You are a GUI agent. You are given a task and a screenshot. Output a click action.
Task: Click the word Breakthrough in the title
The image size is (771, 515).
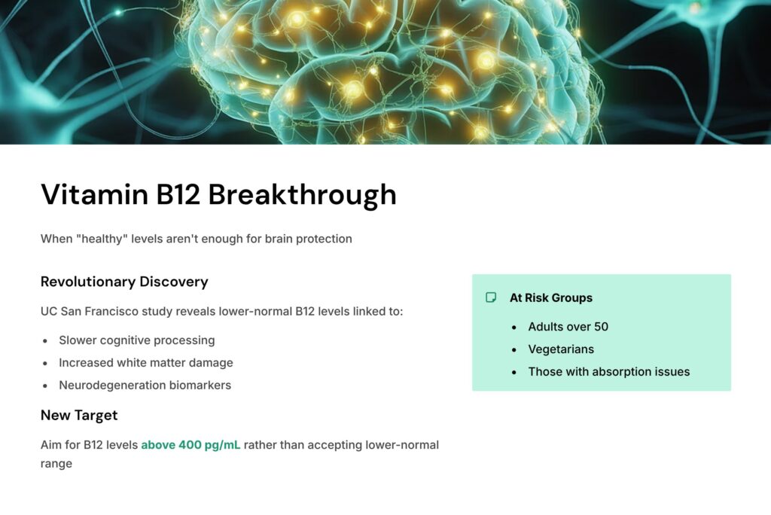pyautogui.click(x=302, y=194)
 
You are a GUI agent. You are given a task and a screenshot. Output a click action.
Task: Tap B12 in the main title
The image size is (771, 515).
pyautogui.click(x=178, y=194)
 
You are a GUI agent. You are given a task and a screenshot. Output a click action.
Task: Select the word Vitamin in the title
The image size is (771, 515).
pyautogui.click(x=94, y=194)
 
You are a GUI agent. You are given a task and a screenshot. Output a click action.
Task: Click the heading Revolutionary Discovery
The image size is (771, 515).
pyautogui.click(x=124, y=282)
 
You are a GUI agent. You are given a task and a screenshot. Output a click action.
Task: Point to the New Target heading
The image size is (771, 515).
pyautogui.click(x=79, y=415)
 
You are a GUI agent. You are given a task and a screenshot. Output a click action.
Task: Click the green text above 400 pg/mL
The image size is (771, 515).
pyautogui.click(x=190, y=445)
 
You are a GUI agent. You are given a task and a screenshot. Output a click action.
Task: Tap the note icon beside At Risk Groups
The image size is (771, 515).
pyautogui.click(x=491, y=297)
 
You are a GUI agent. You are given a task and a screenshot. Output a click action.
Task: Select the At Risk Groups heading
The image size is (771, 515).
pyautogui.click(x=550, y=297)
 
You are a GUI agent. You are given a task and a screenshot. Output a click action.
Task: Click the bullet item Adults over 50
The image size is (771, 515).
pyautogui.click(x=568, y=327)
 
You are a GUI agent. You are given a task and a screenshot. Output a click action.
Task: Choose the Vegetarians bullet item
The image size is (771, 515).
pyautogui.click(x=561, y=349)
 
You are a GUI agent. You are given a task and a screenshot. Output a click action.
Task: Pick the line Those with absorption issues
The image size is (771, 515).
pyautogui.click(x=608, y=372)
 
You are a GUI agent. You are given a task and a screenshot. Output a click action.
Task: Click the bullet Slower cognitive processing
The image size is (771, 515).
pyautogui.click(x=137, y=340)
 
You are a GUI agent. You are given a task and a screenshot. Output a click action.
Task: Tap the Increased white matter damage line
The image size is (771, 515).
pyautogui.click(x=146, y=363)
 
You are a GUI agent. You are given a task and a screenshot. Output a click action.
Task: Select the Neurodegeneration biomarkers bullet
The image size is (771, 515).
pyautogui.click(x=145, y=385)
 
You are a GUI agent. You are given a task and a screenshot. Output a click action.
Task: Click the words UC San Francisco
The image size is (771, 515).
pyautogui.click(x=90, y=312)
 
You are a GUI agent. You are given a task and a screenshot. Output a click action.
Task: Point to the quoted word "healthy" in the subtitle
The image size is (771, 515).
pyautogui.click(x=102, y=239)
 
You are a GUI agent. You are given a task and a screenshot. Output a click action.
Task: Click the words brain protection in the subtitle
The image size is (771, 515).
pyautogui.click(x=308, y=239)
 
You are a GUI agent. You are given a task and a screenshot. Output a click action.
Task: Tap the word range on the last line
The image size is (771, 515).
pyautogui.click(x=56, y=464)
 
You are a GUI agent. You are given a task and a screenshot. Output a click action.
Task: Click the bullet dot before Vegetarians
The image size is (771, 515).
pyautogui.click(x=513, y=349)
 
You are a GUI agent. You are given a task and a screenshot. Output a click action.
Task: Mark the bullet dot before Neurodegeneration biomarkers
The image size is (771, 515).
pyautogui.click(x=44, y=385)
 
